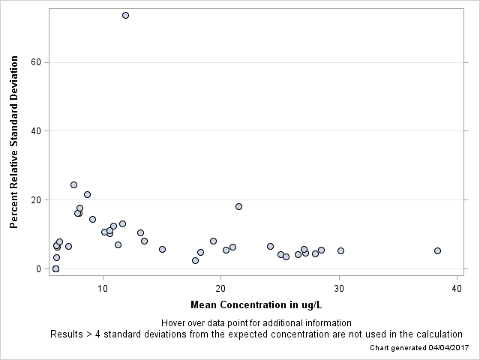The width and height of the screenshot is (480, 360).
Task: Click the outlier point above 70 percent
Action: (125, 15)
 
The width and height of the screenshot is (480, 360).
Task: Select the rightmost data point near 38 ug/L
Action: (437, 250)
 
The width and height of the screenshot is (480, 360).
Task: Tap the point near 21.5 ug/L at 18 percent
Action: (238, 206)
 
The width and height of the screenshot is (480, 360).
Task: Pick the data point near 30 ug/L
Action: (340, 250)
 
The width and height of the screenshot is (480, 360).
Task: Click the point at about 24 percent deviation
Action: (73, 184)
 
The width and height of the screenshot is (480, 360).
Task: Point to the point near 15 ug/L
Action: (162, 249)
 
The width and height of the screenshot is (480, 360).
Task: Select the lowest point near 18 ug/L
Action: (195, 260)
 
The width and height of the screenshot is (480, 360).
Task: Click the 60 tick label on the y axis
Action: (35, 62)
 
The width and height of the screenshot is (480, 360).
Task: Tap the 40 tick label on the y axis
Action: (35, 131)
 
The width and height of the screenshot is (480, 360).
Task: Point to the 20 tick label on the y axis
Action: (35, 200)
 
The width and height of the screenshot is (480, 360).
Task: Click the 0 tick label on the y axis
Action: (37, 269)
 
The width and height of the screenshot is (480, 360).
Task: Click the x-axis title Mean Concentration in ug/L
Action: (256, 305)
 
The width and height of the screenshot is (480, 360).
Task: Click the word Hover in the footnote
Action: (175, 323)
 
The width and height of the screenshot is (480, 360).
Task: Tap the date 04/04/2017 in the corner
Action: (448, 348)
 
